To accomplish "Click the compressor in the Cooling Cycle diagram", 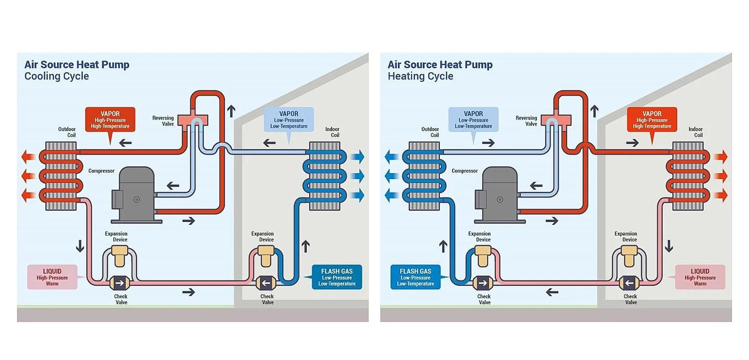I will pos(134,194).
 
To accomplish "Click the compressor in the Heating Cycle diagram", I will pos(497,194).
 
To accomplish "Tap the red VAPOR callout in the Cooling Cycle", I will pos(110,120).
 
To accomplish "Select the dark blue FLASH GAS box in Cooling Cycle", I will pos(336,277).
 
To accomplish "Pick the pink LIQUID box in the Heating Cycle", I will pos(700,277).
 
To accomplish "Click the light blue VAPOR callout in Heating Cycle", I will pos(473,120).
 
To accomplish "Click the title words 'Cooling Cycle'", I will pos(57,76).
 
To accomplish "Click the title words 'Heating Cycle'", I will pos(420,76).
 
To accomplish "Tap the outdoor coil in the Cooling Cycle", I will pos(61,176).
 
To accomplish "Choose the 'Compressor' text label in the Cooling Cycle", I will pos(101,171).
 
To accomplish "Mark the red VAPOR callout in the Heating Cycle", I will pos(652,120).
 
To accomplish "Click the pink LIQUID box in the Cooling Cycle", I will pos(52,277).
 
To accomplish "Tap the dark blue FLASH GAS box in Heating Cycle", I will pos(415,277).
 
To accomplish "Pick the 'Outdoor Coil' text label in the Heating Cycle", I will pos(430,132).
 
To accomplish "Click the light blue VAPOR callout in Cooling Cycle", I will pos(289,120).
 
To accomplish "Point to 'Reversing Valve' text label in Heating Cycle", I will pos(526,121).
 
